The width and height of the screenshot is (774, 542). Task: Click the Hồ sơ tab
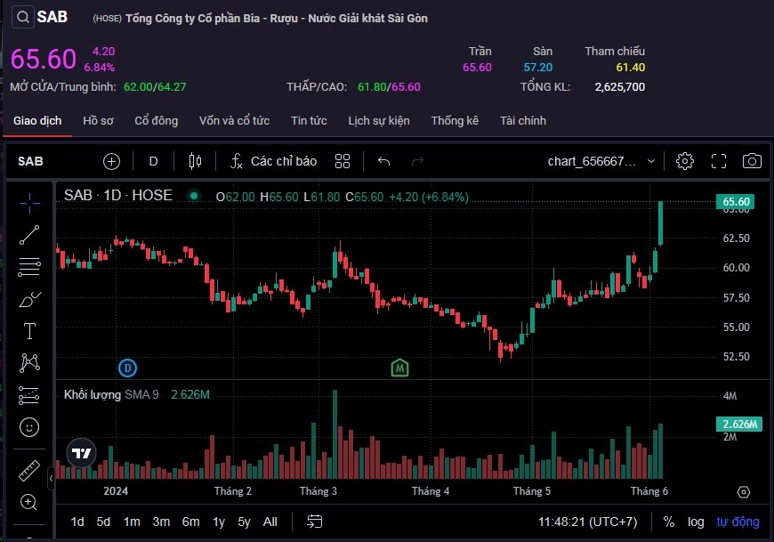pyautogui.click(x=98, y=120)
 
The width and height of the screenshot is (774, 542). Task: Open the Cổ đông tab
pyautogui.click(x=157, y=120)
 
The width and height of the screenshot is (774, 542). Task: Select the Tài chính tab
pyautogui.click(x=523, y=120)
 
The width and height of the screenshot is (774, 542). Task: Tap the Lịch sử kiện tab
pyautogui.click(x=379, y=120)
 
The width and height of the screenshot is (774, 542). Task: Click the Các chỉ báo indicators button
pyautogui.click(x=274, y=161)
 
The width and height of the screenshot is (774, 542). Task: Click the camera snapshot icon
pyautogui.click(x=752, y=161)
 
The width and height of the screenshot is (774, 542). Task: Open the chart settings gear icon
pyautogui.click(x=685, y=161)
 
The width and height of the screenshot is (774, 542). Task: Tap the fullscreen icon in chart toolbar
pyautogui.click(x=719, y=161)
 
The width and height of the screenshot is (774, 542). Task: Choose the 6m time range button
pyautogui.click(x=190, y=522)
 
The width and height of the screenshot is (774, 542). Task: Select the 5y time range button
pyautogui.click(x=244, y=522)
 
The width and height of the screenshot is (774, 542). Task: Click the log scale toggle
pyautogui.click(x=696, y=522)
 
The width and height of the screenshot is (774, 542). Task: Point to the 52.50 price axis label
pyautogui.click(x=737, y=357)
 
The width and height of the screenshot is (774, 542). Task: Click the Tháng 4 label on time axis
pyautogui.click(x=431, y=490)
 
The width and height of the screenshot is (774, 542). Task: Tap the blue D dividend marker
pyautogui.click(x=128, y=367)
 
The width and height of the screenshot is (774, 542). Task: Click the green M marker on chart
pyautogui.click(x=400, y=367)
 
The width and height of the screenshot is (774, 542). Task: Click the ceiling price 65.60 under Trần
pyautogui.click(x=477, y=68)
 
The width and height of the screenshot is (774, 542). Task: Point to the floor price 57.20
pyautogui.click(x=538, y=68)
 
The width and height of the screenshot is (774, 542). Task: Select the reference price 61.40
pyautogui.click(x=630, y=68)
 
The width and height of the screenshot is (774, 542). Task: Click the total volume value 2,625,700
pyautogui.click(x=618, y=87)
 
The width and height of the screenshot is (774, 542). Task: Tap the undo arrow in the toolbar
pyautogui.click(x=384, y=161)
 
